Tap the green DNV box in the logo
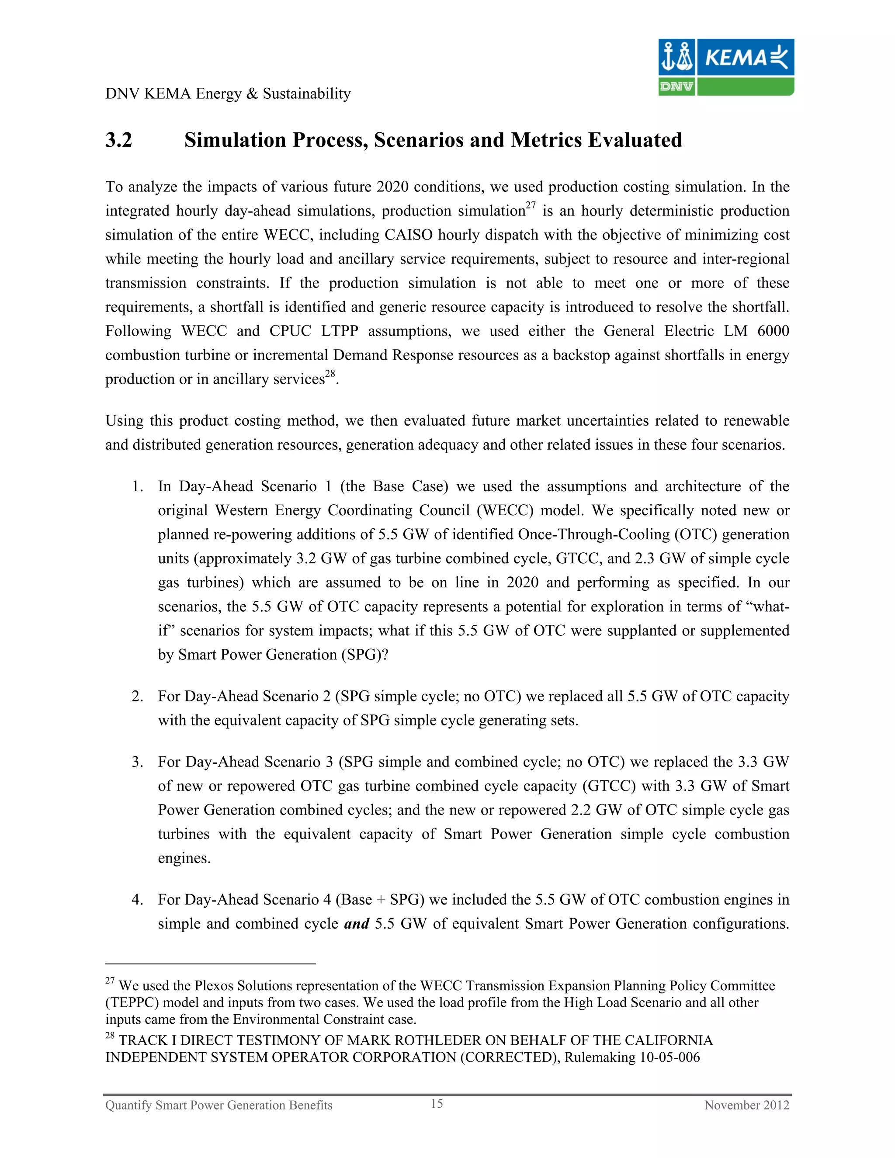tap(676, 87)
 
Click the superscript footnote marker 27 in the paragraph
tap(530, 205)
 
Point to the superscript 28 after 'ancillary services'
tap(330, 374)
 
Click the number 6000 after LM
tap(773, 331)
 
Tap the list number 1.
tap(137, 487)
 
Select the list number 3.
tap(137, 762)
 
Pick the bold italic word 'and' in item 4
tap(356, 924)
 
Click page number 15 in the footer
tap(437, 1103)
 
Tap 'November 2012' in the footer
tap(746, 1105)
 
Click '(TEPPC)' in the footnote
tap(132, 1002)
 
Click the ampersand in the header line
tap(253, 94)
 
